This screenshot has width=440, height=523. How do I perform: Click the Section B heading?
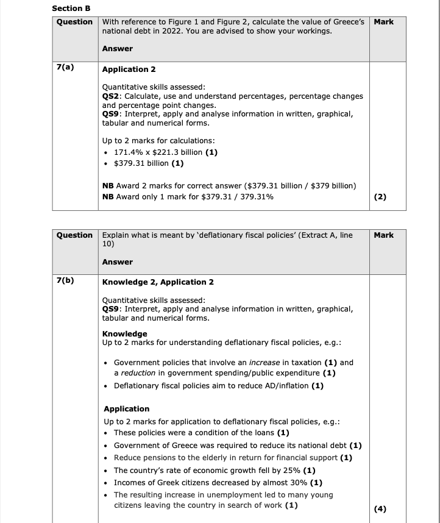coord(71,8)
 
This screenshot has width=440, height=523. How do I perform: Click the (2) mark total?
coord(381,197)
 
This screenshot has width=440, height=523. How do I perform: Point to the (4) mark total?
coord(381,510)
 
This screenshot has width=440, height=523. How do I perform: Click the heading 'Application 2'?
coord(129,69)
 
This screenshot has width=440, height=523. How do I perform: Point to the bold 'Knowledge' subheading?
coord(124,334)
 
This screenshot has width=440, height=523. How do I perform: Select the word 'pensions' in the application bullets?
coord(155,458)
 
